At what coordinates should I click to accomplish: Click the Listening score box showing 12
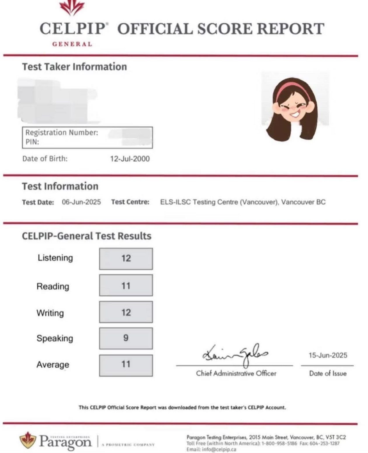tap(126, 259)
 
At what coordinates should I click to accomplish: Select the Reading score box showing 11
tap(126, 285)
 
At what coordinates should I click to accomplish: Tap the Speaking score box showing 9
tap(126, 338)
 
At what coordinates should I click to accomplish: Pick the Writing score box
tap(126, 312)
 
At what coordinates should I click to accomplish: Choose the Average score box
tap(126, 365)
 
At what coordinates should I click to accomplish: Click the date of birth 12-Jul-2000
tap(130, 159)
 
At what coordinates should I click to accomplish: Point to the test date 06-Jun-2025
tap(81, 202)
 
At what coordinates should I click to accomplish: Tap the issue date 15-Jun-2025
tap(328, 355)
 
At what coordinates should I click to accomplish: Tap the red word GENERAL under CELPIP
tap(72, 44)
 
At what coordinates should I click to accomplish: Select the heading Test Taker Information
tap(74, 67)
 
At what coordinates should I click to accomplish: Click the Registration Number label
tap(62, 133)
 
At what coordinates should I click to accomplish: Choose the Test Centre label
tap(130, 202)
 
